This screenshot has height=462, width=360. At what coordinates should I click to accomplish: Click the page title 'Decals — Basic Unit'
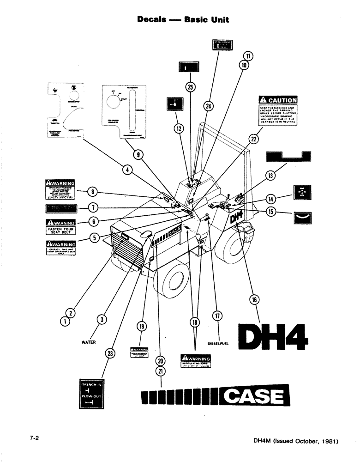point(183,20)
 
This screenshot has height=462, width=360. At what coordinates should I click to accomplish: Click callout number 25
point(190,86)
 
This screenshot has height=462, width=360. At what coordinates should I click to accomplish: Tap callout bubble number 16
point(253,300)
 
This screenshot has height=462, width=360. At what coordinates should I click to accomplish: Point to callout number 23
point(110,353)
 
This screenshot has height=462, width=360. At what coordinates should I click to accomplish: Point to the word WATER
point(88,342)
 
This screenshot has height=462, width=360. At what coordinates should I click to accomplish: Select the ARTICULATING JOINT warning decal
point(196,360)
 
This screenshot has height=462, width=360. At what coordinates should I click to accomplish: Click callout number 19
point(142,327)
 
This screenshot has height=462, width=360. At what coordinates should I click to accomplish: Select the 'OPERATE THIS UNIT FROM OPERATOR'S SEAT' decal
point(60,248)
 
